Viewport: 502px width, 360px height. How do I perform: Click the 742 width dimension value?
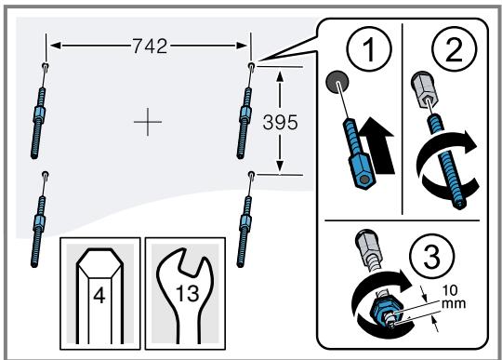149,46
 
